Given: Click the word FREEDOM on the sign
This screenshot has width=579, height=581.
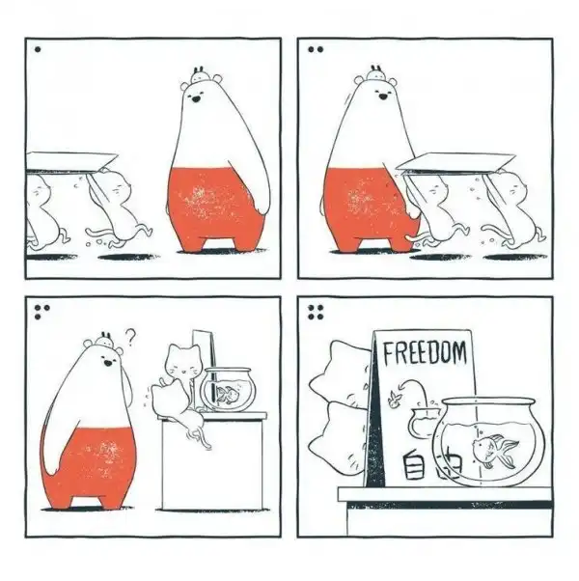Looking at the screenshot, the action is (425, 353).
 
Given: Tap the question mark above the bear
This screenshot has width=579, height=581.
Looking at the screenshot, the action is (130, 337).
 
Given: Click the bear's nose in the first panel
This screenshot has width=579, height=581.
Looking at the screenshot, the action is (195, 99).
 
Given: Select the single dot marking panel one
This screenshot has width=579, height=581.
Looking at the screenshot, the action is (38, 49).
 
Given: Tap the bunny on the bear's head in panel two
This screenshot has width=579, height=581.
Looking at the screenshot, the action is (376, 74).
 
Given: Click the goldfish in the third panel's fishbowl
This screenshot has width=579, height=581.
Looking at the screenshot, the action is (228, 395).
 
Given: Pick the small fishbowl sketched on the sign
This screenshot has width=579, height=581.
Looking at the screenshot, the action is (423, 422).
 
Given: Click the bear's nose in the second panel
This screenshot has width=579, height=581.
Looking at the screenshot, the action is (383, 97).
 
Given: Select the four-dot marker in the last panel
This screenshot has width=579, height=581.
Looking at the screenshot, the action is (316, 313).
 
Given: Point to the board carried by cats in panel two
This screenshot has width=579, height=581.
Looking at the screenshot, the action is (456, 163).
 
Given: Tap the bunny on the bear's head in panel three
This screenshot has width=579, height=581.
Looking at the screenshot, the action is (106, 340).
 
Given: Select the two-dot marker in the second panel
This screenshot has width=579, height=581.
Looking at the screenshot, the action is (316, 49).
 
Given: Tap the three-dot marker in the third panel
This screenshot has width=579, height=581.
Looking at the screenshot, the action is (41, 312).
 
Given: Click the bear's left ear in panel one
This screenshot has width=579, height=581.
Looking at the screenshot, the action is (185, 87).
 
